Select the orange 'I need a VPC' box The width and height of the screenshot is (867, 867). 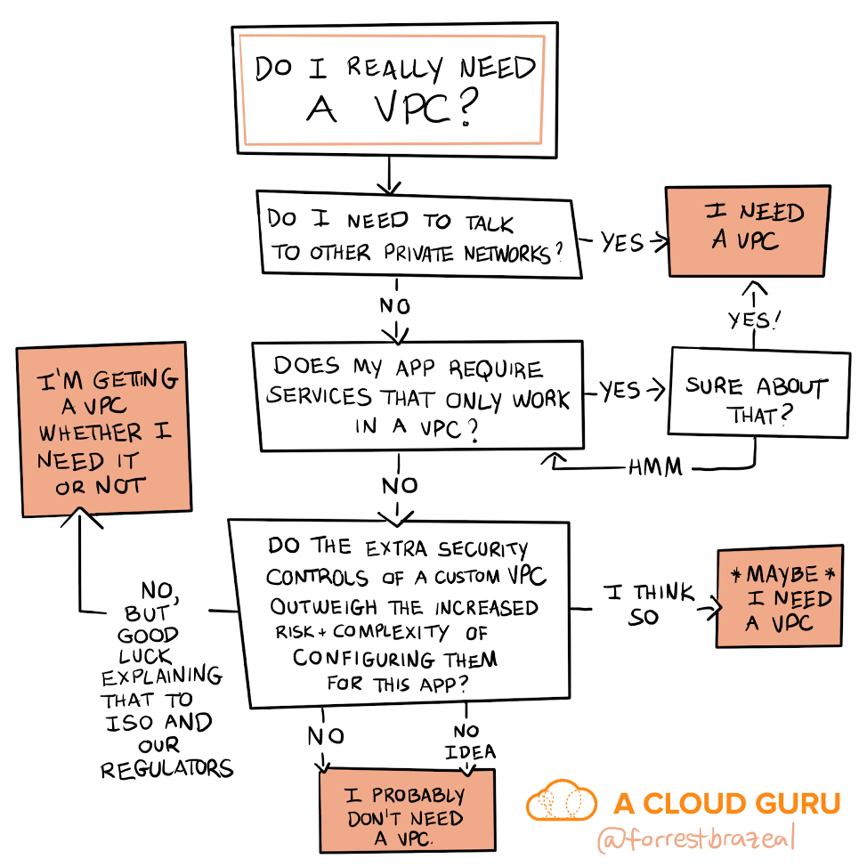tap(749, 230)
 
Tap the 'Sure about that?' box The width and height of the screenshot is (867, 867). tap(758, 393)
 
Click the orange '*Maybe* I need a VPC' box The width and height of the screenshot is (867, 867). tap(779, 595)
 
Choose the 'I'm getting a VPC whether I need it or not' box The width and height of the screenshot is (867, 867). tap(103, 429)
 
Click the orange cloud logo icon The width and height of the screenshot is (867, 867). tap(562, 800)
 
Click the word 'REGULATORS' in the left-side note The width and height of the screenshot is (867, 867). tap(166, 768)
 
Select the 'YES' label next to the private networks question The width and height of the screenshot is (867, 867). tap(621, 241)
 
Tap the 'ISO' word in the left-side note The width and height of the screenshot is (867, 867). tap(131, 723)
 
